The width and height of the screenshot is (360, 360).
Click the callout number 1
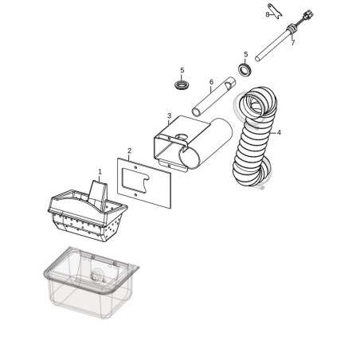pyautogui.click(x=100, y=172)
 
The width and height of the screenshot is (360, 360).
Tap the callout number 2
pyautogui.click(x=129, y=151)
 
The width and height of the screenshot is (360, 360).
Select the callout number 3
pyautogui.click(x=170, y=116)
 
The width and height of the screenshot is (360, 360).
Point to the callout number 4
pyautogui.click(x=279, y=132)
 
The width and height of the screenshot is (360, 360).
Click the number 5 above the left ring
pyautogui.click(x=182, y=70)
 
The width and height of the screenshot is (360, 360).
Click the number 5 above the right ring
pyautogui.click(x=246, y=54)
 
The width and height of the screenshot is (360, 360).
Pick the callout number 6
pyautogui.click(x=211, y=82)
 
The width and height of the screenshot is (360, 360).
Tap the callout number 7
pyautogui.click(x=292, y=43)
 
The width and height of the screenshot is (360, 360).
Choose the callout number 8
pyautogui.click(x=268, y=14)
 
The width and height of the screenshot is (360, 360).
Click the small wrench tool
pyautogui.click(x=275, y=11)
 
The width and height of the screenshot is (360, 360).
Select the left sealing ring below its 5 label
pyautogui.click(x=182, y=85)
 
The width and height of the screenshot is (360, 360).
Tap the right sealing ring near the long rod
pyautogui.click(x=245, y=69)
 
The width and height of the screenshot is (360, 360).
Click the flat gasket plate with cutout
pyautogui.click(x=144, y=183)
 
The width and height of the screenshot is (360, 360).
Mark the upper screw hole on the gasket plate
pyautogui.click(x=135, y=167)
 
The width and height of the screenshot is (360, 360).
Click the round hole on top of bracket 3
pyautogui.click(x=182, y=137)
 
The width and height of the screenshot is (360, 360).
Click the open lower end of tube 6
pyautogui.click(x=197, y=112)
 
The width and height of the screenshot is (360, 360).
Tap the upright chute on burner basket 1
pyautogui.click(x=98, y=193)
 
